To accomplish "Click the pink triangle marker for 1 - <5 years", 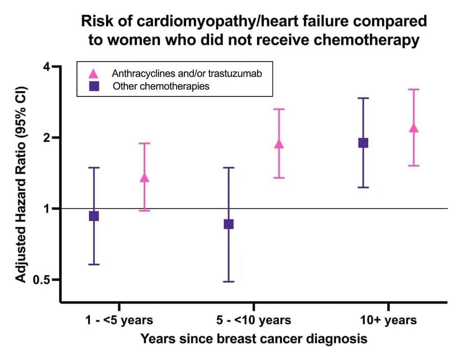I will (144, 177).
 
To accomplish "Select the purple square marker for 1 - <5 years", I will (94, 216).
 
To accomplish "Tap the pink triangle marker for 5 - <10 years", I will (279, 144).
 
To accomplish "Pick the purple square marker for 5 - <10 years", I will (228, 224).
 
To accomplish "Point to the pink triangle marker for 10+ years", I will (414, 128).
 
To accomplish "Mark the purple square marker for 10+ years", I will (363, 143).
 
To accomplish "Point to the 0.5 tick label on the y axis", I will (46, 280).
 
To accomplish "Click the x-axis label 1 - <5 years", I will (119, 320).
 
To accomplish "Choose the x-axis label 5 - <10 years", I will (253, 320).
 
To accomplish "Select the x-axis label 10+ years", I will (388, 320).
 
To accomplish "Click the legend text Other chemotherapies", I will (161, 86).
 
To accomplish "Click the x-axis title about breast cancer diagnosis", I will (254, 338).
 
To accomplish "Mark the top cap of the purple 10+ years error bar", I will (363, 98).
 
